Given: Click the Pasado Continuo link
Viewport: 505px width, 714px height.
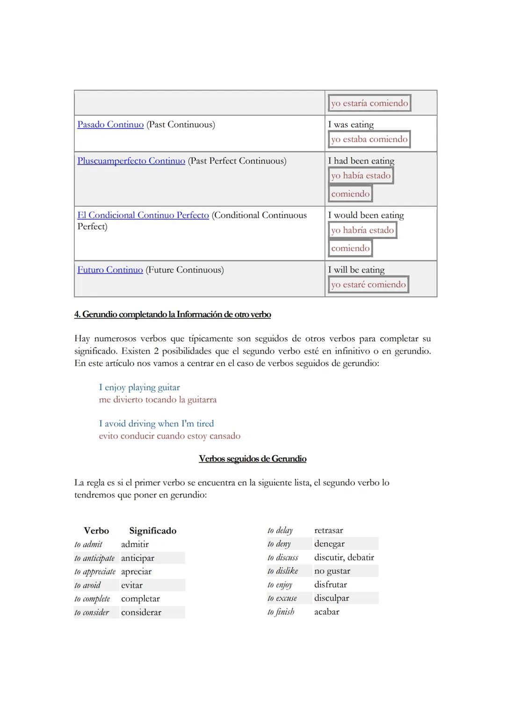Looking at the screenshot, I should tap(110, 124).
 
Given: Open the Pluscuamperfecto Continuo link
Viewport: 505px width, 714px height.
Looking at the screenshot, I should tap(131, 161).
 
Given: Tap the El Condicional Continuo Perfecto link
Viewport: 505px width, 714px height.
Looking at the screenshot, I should tap(143, 215).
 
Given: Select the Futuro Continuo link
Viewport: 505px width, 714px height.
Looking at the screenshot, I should tap(110, 270).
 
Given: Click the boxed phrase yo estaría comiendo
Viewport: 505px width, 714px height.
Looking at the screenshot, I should tap(369, 103).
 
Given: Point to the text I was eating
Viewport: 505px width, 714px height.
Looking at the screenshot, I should tap(351, 124).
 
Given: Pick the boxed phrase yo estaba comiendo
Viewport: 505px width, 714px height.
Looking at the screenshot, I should tap(369, 139).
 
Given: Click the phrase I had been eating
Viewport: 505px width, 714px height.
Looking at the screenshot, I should tap(361, 161).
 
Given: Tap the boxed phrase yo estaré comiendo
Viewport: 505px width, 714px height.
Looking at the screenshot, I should tap(368, 284).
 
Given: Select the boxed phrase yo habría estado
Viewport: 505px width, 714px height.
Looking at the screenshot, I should tap(362, 230).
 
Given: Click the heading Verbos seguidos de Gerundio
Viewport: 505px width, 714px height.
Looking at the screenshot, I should tap(252, 459).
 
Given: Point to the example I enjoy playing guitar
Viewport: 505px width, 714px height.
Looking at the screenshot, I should tap(139, 387).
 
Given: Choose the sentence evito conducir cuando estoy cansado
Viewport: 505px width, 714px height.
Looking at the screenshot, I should tap(170, 436).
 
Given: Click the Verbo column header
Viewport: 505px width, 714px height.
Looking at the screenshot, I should tap(96, 531).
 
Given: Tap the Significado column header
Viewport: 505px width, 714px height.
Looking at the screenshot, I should tap(153, 531).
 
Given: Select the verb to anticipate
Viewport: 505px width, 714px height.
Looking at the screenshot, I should tap(94, 558).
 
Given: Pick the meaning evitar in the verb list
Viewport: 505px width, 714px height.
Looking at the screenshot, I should tap(132, 585).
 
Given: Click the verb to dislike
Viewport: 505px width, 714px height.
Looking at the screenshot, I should tap(283, 571).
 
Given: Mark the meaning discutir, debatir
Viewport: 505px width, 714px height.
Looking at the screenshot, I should tap(344, 557).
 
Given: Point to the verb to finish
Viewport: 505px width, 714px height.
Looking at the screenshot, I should tap(281, 612).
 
